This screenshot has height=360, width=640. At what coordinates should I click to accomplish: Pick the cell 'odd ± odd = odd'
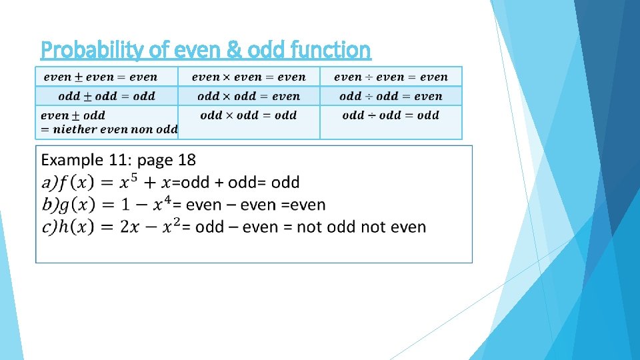click(x=107, y=96)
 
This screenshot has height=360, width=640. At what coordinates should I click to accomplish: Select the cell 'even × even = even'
click(x=249, y=77)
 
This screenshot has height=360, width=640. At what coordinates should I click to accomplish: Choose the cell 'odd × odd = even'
click(x=249, y=96)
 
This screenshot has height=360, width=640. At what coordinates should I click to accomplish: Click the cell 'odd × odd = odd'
click(x=249, y=115)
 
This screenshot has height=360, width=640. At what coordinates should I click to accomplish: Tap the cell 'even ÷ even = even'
click(x=391, y=77)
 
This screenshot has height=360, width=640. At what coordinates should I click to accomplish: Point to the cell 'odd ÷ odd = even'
click(x=391, y=96)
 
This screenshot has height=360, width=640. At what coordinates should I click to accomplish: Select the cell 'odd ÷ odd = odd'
click(x=391, y=115)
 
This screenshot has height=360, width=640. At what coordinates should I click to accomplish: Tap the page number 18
click(x=187, y=160)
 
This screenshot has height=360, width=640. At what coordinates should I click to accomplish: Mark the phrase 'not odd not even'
click(x=361, y=227)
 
